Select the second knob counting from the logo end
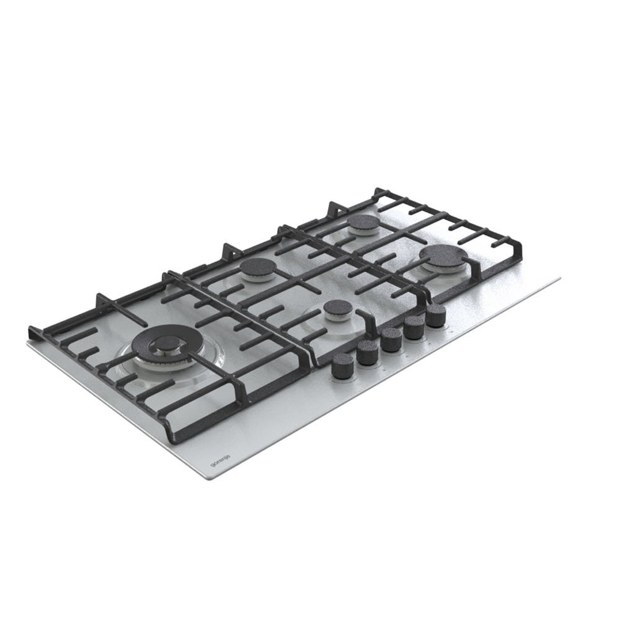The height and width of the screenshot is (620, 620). click(367, 352)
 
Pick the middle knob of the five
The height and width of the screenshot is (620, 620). click(391, 340)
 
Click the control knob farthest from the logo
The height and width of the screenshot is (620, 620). click(436, 316)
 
